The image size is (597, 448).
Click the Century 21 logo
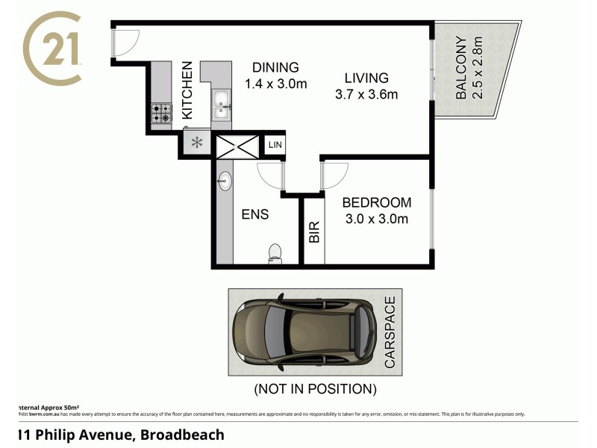click(x=52, y=49)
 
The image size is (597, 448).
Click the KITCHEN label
click(x=187, y=90)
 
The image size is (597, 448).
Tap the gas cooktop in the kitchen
click(x=161, y=113)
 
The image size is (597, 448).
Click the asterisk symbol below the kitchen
click(x=198, y=143)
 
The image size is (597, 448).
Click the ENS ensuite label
click(x=254, y=214)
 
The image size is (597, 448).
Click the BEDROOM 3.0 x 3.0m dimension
click(x=376, y=219)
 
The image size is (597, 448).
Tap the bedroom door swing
click(x=334, y=175)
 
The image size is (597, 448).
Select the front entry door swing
click(x=124, y=42)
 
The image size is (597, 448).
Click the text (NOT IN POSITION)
click(x=315, y=389)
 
